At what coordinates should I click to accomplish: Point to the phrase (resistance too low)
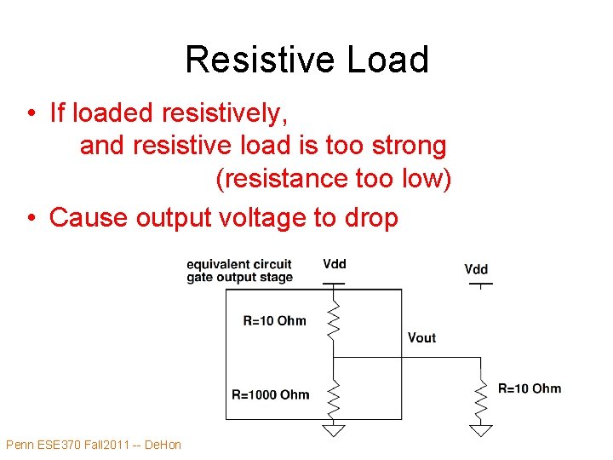[334, 181]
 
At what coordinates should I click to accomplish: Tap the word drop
[370, 218]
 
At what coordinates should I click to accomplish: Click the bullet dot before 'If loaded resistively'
[31, 113]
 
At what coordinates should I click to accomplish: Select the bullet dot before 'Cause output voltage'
[31, 218]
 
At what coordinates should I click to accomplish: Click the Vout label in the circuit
[421, 338]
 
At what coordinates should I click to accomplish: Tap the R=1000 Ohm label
[271, 394]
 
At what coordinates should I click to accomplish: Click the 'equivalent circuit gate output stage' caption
[239, 270]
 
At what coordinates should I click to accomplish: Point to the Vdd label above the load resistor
[477, 269]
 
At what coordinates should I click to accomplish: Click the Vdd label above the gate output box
[335, 264]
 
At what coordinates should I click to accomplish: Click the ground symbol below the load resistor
[481, 430]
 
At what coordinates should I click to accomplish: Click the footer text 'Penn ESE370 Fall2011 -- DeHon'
[94, 445]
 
